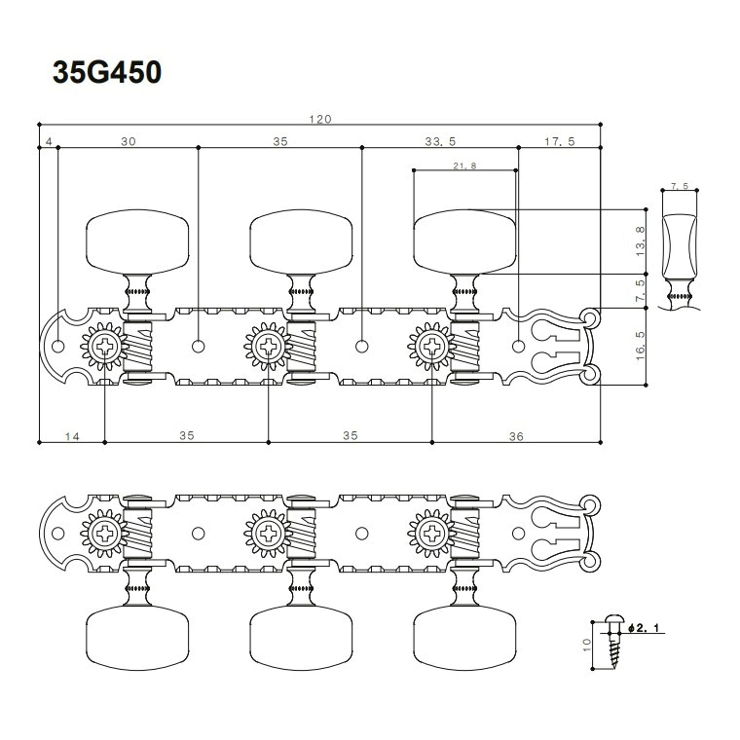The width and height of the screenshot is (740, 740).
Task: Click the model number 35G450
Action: click(107, 72)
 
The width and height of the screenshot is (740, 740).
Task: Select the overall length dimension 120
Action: click(320, 119)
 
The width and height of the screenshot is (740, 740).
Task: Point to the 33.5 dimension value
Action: click(440, 141)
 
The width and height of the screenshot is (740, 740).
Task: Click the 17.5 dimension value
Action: click(560, 141)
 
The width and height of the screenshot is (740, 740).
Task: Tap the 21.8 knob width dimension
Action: click(464, 166)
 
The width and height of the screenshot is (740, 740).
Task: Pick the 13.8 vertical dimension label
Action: click(640, 241)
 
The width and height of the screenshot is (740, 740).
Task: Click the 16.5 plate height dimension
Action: click(640, 346)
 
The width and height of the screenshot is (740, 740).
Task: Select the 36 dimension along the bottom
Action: click(516, 436)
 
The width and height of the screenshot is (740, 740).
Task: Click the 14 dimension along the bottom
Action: click(72, 436)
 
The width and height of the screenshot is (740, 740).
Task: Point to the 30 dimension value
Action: click(129, 141)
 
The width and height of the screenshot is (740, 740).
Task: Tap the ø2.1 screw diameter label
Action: click(644, 628)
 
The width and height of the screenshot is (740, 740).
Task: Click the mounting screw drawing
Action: click(614, 642)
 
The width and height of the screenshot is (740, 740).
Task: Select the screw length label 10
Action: click(587, 645)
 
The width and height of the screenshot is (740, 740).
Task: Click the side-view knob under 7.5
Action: click(680, 246)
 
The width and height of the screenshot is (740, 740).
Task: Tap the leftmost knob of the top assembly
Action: click(137, 242)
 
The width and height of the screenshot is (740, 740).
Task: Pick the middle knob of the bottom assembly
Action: click(301, 638)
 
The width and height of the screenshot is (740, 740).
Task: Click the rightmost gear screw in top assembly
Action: click(431, 347)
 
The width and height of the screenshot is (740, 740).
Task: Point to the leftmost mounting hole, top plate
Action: click(58, 347)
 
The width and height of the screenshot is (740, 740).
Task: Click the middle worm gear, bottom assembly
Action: click(301, 534)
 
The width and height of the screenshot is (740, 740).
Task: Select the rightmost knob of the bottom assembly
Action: click(464, 638)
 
